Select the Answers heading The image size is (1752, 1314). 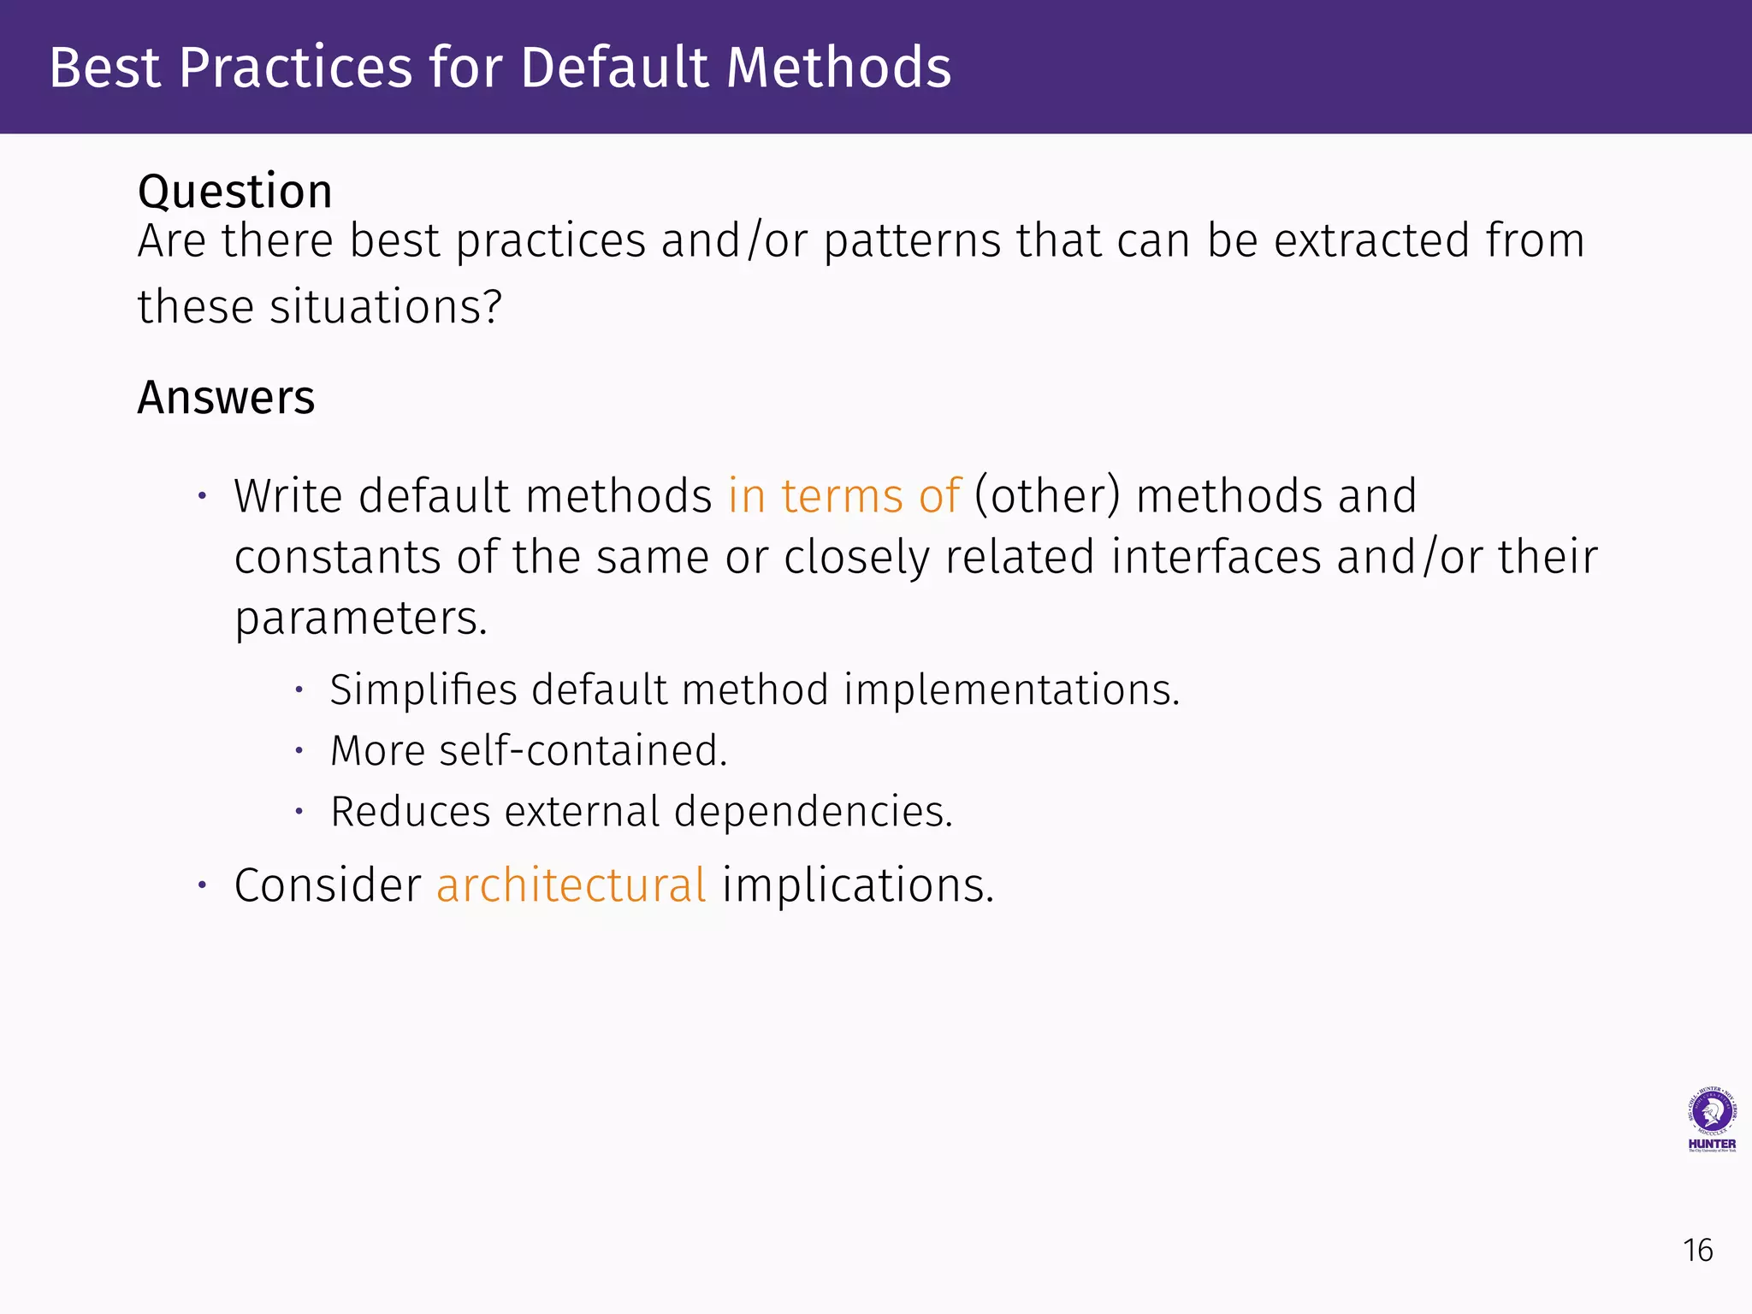pyautogui.click(x=226, y=398)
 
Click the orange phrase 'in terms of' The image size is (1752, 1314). pyautogui.click(x=844, y=496)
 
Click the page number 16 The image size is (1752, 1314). pyautogui.click(x=1697, y=1251)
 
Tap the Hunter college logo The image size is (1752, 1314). pyautogui.click(x=1711, y=1120)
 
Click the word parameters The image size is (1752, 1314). pyautogui.click(x=360, y=619)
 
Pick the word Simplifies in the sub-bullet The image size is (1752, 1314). pyautogui.click(x=423, y=690)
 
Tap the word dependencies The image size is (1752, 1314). pyautogui.click(x=812, y=812)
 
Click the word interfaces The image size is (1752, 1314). pyautogui.click(x=1216, y=557)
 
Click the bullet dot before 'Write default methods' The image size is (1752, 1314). pyautogui.click(x=203, y=496)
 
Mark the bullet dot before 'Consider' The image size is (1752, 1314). pyautogui.click(x=203, y=885)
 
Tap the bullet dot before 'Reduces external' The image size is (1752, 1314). pyautogui.click(x=299, y=811)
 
